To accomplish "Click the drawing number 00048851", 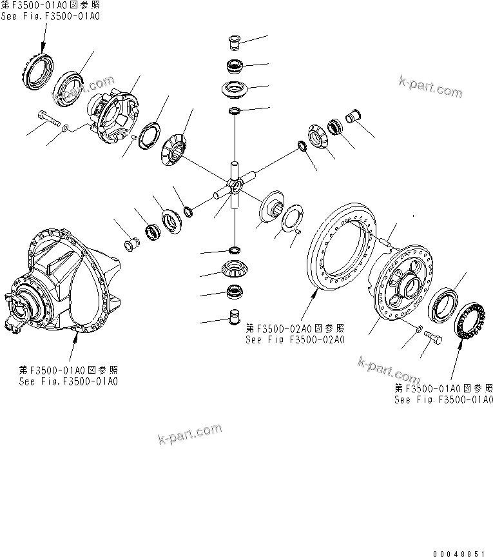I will tap(461, 552).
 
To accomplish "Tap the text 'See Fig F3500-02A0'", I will tap(295, 340).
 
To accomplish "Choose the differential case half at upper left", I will tap(115, 116).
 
